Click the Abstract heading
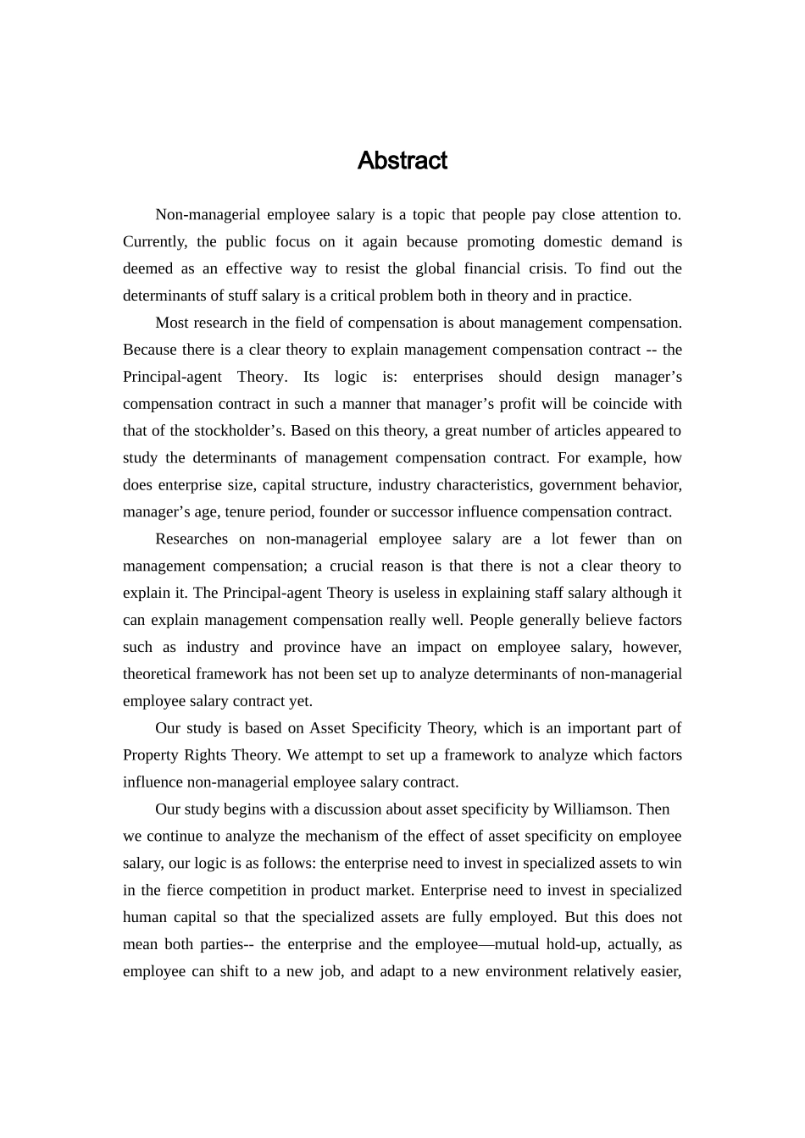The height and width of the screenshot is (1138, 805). coord(402,161)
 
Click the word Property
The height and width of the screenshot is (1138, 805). coord(149,755)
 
